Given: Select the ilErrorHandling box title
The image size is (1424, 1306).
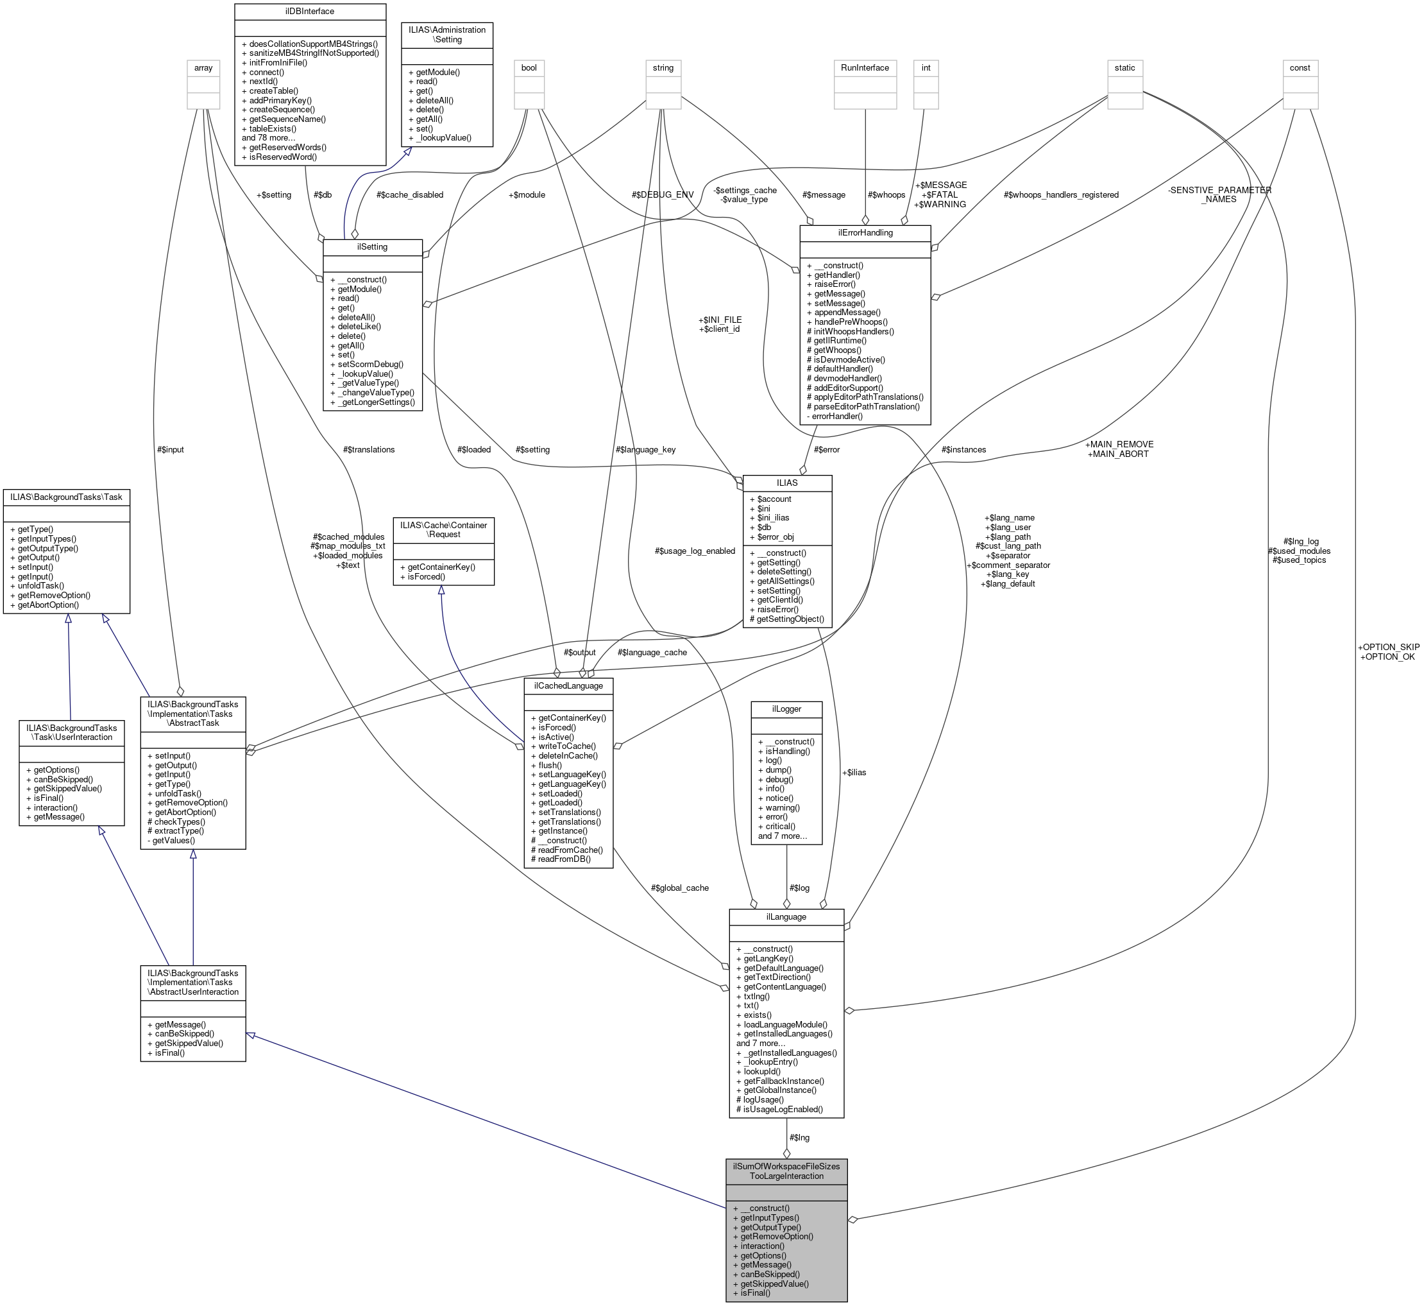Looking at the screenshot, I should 865,232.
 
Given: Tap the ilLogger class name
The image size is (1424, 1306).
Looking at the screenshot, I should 786,709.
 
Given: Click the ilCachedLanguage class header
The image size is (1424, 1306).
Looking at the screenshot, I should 568,685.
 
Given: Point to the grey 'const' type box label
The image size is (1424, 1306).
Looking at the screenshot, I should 1299,68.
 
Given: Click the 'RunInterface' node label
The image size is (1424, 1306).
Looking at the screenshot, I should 865,68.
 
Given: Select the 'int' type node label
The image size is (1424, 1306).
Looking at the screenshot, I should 926,68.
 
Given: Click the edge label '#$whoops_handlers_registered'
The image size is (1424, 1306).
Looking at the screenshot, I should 1060,195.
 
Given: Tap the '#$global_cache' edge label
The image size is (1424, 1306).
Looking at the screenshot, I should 679,888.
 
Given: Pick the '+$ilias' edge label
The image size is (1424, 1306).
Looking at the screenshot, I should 853,773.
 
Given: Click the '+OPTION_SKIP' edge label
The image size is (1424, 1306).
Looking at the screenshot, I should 1387,648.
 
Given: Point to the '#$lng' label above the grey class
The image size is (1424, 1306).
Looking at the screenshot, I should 799,1138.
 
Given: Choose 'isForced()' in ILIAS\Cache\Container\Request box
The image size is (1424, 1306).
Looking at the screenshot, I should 427,577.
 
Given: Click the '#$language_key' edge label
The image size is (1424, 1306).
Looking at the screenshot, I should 645,449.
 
